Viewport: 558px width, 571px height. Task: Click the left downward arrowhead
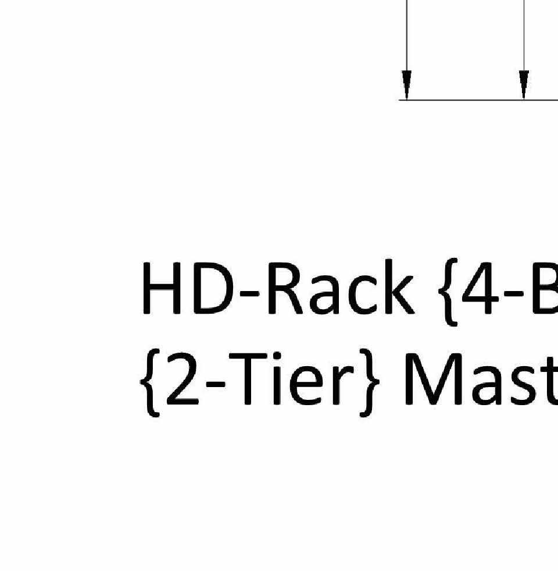click(x=407, y=85)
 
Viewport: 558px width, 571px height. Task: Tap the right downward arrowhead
click(x=524, y=85)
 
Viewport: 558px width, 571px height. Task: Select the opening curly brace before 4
click(x=445, y=291)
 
